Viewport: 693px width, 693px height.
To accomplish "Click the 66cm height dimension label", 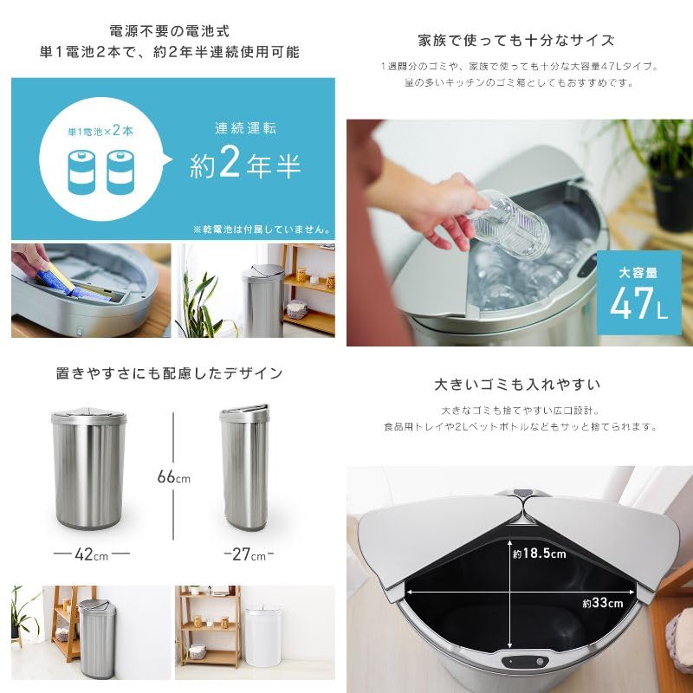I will click(173, 477).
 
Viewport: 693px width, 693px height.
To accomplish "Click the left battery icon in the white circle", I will click(82, 173).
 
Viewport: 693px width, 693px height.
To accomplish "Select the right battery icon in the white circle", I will click(123, 173).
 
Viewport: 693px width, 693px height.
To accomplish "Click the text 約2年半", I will click(245, 165).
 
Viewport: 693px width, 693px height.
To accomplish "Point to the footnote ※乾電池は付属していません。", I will click(262, 230).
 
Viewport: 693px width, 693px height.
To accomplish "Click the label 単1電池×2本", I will click(102, 132).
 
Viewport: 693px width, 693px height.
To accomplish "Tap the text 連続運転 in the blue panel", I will click(245, 127).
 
